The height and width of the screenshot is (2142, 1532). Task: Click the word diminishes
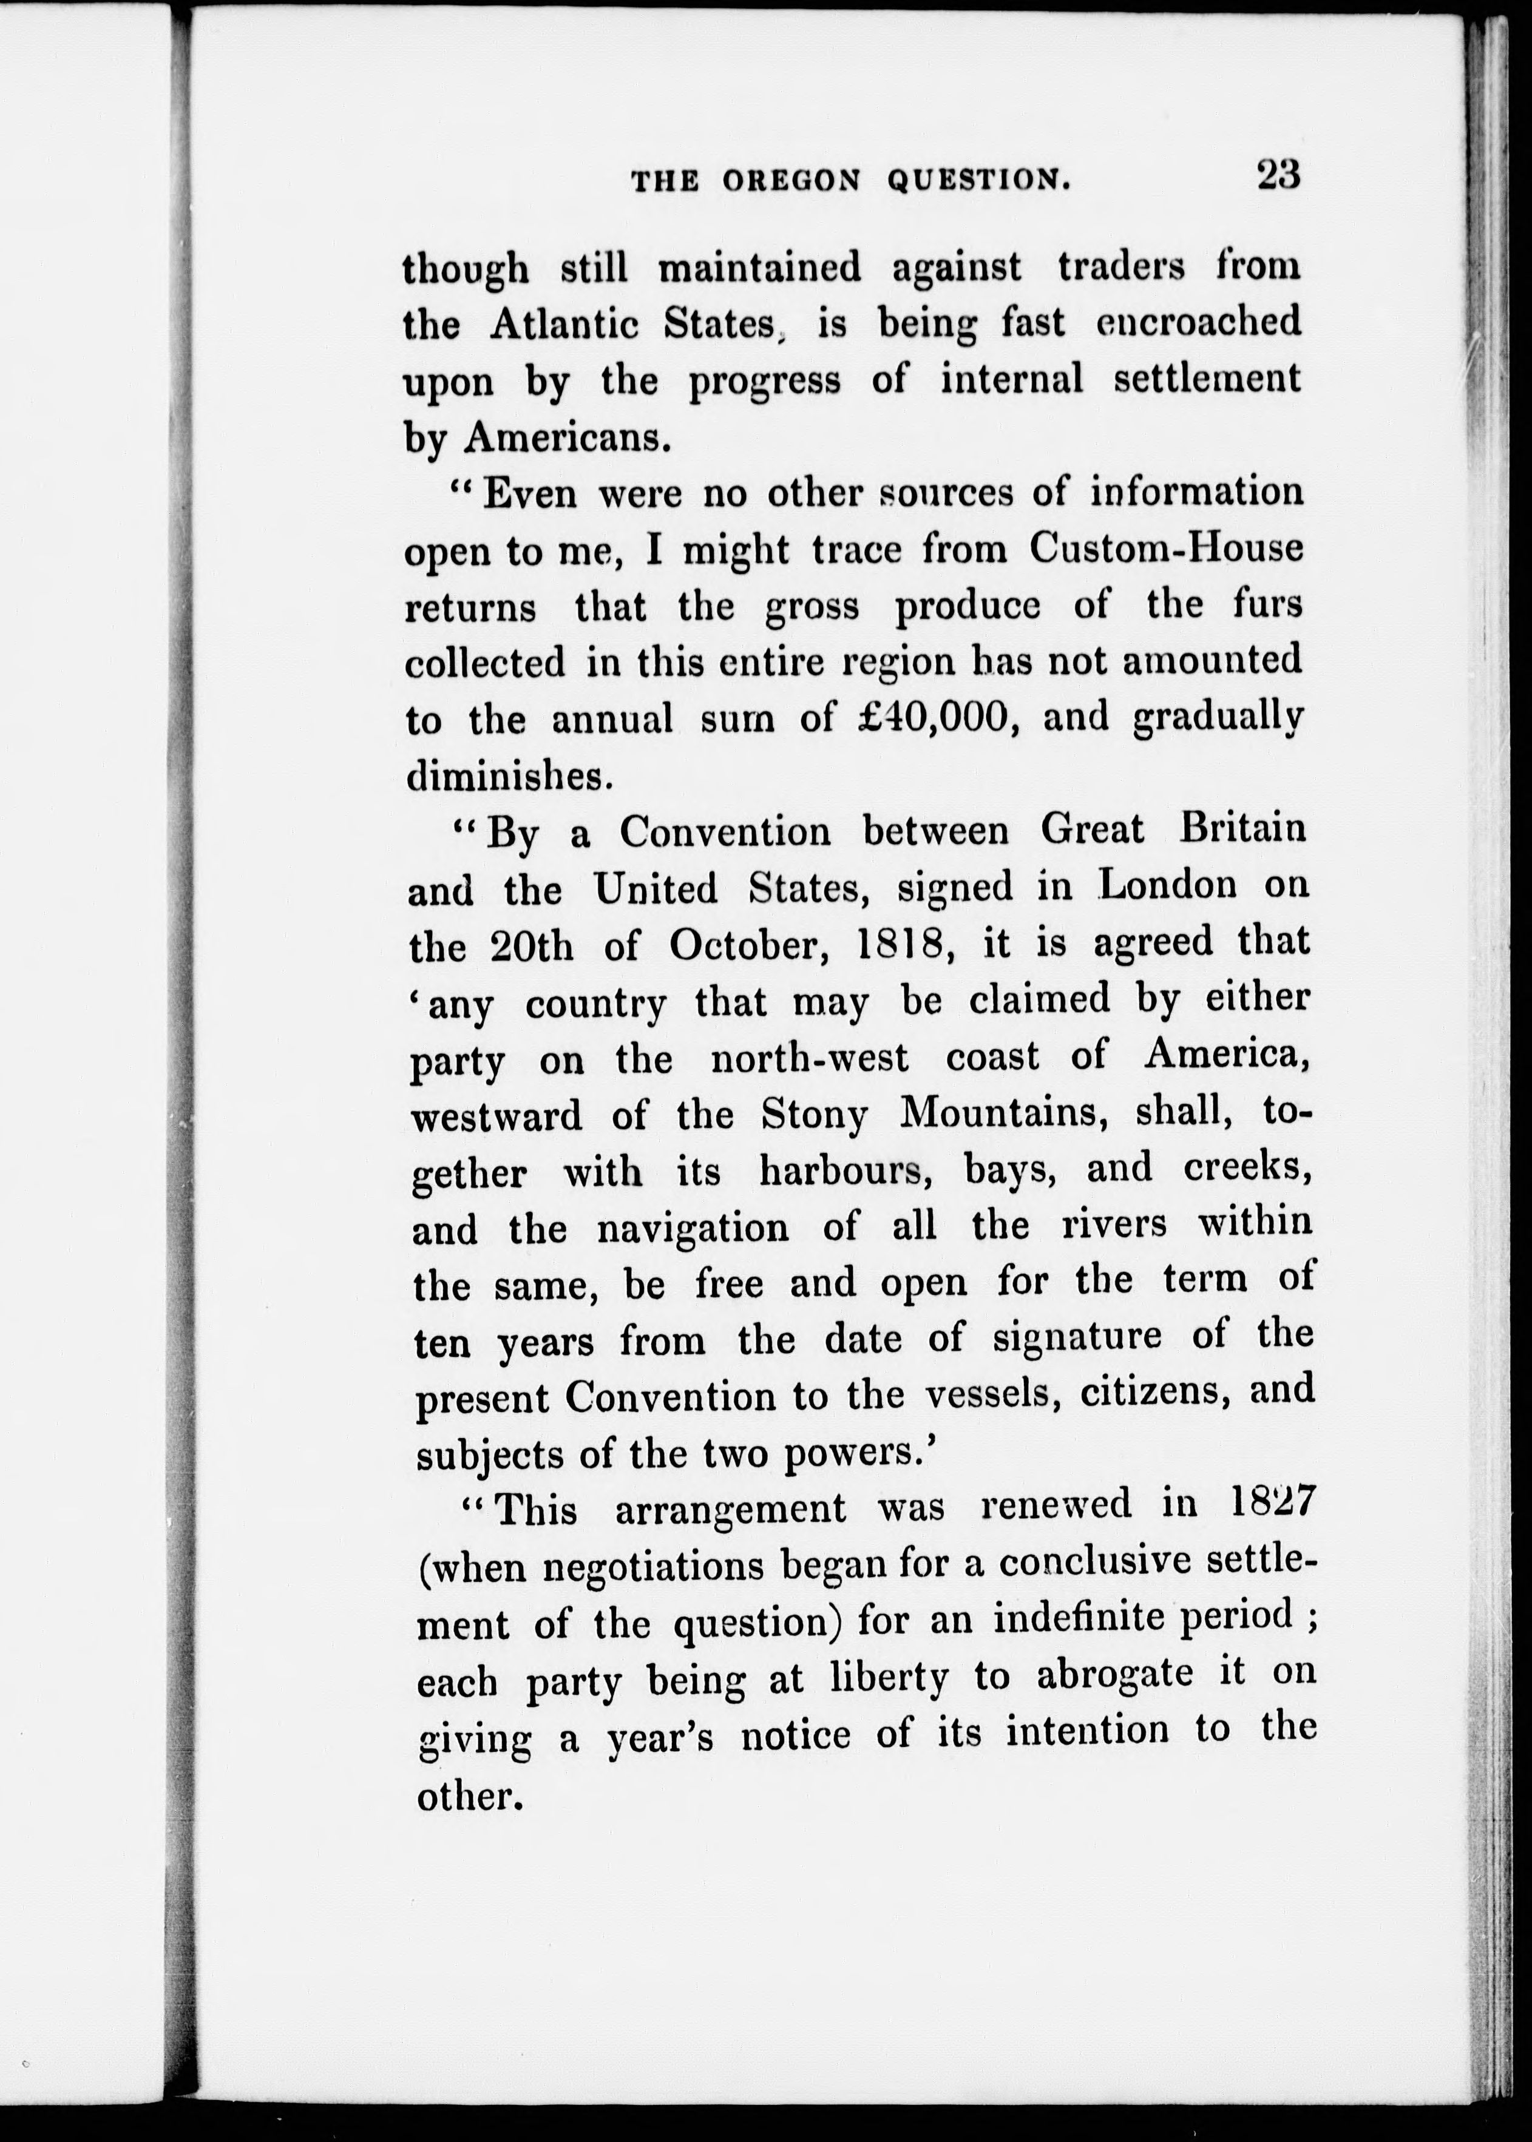tap(510, 775)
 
